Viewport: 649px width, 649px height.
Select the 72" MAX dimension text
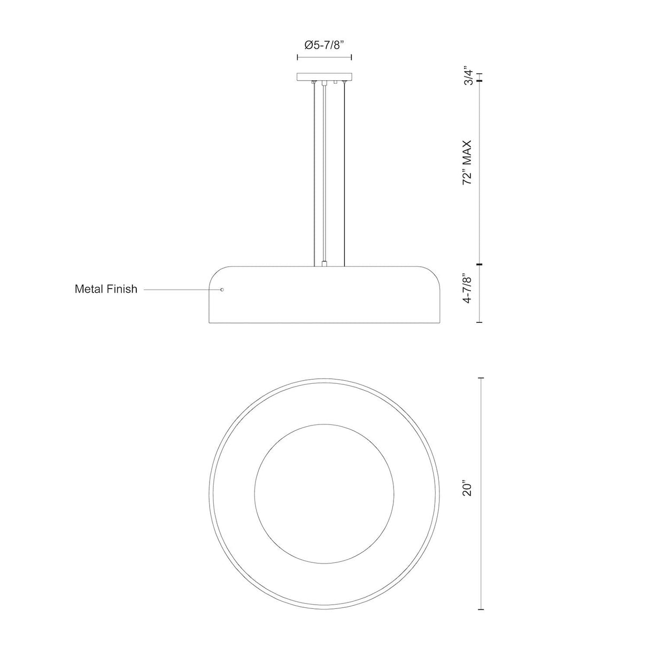[468, 163]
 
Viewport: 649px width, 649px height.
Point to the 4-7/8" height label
[468, 289]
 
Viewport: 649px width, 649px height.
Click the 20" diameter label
[468, 489]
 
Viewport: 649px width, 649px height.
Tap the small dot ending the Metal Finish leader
[222, 289]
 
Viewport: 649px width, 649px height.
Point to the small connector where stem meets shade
[324, 263]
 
